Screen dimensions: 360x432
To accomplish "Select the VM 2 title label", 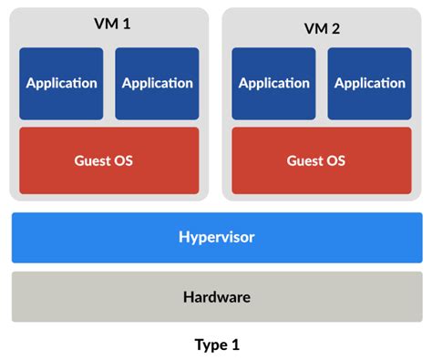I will (323, 26).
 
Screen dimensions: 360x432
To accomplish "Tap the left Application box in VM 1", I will (61, 83).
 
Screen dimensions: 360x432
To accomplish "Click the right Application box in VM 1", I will (157, 83).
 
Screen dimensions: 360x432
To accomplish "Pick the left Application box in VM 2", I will (274, 83).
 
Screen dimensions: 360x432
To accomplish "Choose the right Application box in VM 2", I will (370, 83).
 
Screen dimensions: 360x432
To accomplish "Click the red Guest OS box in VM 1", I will (109, 160).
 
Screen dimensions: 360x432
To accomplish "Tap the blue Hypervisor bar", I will (216, 237).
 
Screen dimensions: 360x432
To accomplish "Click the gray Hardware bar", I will (216, 296).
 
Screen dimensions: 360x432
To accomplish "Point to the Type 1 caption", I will (216, 345).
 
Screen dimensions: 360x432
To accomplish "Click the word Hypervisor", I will (216, 237).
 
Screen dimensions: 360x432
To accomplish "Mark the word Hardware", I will (216, 296).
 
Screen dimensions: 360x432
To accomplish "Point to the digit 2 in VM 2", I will (338, 26).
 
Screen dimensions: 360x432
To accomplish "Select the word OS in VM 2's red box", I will (335, 160).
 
